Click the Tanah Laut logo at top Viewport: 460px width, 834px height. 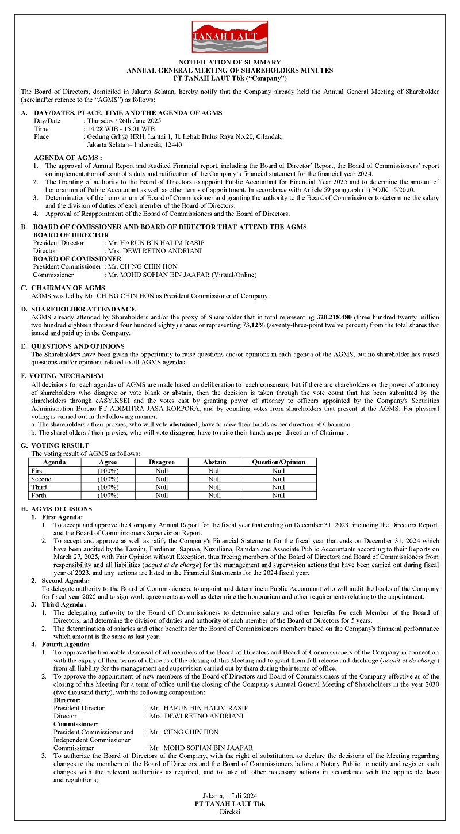click(x=229, y=36)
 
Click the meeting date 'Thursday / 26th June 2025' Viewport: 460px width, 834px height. click(x=124, y=121)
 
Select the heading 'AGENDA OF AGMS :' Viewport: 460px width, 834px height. click(x=68, y=158)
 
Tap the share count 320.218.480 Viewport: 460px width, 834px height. click(x=337, y=317)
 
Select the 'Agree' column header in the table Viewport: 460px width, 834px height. click(x=108, y=462)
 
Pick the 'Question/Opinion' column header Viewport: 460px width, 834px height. click(x=278, y=462)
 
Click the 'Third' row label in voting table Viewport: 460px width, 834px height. click(x=40, y=487)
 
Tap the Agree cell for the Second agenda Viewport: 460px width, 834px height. click(x=108, y=479)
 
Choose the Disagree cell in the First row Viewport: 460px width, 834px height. click(x=162, y=471)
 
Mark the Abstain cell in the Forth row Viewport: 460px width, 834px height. click(x=214, y=495)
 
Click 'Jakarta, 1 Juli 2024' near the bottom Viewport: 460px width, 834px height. click(x=229, y=795)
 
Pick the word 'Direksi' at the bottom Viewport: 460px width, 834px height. click(x=229, y=812)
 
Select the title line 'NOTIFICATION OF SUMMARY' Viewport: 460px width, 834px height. click(x=229, y=62)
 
